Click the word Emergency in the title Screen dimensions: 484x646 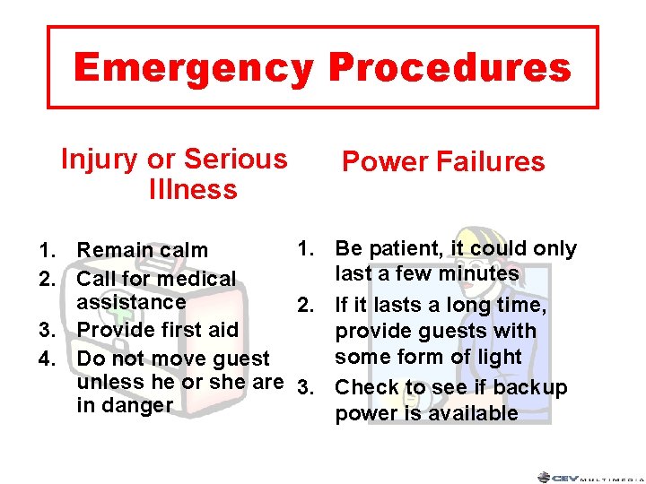click(x=194, y=68)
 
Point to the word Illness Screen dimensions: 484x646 click(x=194, y=190)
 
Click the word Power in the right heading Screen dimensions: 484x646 click(x=385, y=162)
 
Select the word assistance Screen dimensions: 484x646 click(x=131, y=301)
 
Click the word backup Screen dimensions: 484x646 click(x=530, y=388)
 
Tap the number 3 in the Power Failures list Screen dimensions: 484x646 click(x=304, y=388)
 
